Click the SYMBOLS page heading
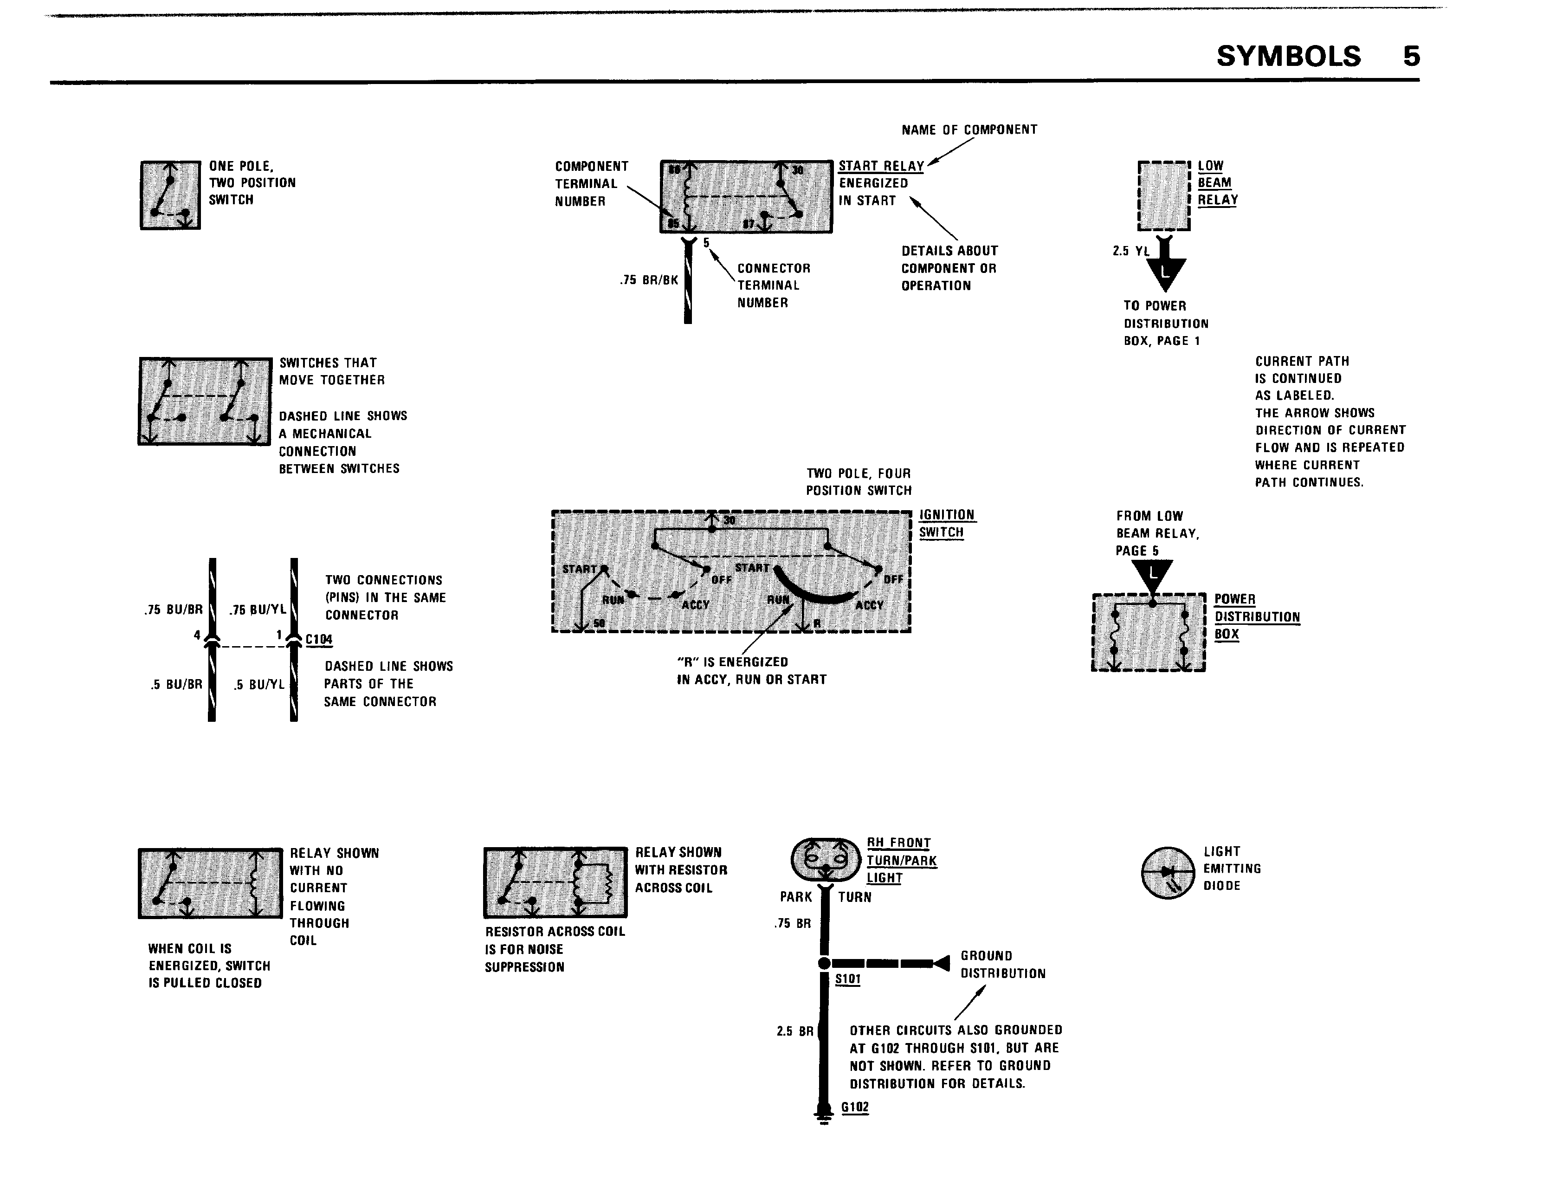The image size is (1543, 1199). click(1288, 57)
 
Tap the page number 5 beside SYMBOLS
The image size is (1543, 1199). click(1411, 57)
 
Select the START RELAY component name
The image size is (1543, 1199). click(881, 166)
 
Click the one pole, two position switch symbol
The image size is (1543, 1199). click(170, 195)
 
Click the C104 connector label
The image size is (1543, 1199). click(319, 639)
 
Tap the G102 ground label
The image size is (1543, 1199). click(855, 1107)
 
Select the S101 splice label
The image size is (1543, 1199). click(848, 979)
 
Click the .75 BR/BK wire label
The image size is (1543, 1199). click(649, 280)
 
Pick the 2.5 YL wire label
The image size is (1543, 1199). click(1131, 251)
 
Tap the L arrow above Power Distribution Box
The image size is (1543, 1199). click(1152, 574)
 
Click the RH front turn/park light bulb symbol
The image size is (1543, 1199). click(825, 858)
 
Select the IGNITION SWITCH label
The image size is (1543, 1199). click(947, 524)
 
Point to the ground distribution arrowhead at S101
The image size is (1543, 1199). click(941, 963)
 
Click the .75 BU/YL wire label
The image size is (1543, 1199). click(258, 610)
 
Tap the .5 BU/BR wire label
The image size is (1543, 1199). click(177, 685)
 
